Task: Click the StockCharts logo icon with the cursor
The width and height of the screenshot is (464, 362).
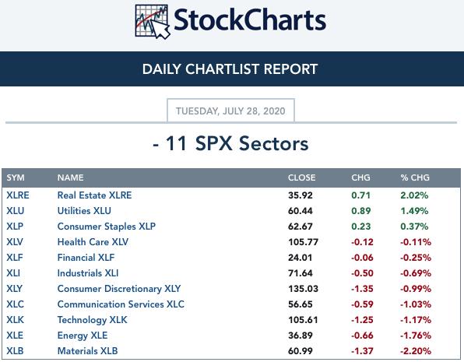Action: (x=153, y=22)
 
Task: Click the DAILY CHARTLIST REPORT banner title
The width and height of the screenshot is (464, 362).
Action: (x=230, y=69)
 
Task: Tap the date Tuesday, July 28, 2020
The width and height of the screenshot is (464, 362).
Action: (x=230, y=111)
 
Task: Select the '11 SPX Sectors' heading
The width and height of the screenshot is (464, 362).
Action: (x=237, y=143)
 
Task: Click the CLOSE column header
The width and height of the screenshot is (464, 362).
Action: (x=301, y=177)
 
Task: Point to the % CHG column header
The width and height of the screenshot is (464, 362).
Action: (x=415, y=177)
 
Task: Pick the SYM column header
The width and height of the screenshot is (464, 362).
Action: (x=16, y=177)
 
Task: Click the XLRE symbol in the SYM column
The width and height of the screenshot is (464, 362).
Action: (x=18, y=195)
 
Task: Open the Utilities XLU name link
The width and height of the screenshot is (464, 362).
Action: (x=84, y=211)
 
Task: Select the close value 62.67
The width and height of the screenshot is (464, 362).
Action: (x=300, y=227)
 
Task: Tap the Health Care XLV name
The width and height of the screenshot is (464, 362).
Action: (x=93, y=242)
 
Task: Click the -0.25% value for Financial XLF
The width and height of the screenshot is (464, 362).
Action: (x=416, y=258)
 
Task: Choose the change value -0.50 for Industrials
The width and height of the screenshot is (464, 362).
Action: (x=362, y=273)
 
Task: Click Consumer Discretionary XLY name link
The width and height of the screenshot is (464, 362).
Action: (x=119, y=289)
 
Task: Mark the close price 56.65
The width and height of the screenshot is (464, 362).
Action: (x=300, y=304)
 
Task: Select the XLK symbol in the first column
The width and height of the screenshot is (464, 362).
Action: (x=15, y=320)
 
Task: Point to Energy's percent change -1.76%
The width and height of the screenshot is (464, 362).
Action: (x=416, y=336)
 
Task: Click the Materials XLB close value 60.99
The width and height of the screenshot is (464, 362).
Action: (x=300, y=351)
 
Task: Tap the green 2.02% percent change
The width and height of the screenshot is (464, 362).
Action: (x=414, y=195)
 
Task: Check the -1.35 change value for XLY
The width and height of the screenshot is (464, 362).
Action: (x=362, y=289)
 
